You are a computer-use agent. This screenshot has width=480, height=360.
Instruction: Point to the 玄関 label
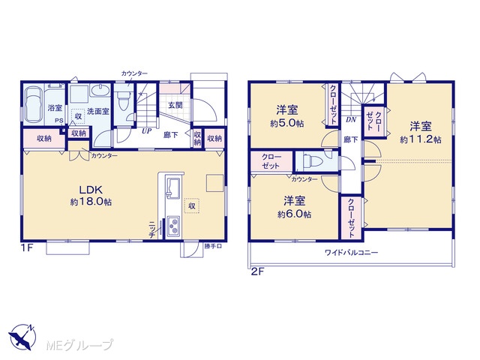[175, 105]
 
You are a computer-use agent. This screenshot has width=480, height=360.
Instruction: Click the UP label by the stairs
[146, 131]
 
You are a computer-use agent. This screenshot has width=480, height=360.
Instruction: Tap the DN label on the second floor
[351, 120]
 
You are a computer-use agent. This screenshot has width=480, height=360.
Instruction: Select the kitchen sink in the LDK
[172, 187]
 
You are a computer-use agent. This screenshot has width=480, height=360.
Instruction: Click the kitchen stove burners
[173, 226]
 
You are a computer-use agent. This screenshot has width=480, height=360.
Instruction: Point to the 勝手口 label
[213, 247]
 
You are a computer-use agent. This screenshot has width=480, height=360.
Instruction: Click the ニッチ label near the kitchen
[151, 229]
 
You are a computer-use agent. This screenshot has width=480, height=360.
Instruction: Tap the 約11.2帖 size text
[421, 140]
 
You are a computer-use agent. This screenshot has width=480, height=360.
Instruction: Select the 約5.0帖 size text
[286, 123]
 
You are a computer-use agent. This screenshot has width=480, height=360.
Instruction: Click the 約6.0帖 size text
[294, 214]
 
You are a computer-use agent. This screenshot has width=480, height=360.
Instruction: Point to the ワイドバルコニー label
[352, 253]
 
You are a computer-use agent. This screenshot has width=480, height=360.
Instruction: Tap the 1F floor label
[27, 247]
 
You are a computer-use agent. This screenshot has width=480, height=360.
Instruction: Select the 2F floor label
[257, 271]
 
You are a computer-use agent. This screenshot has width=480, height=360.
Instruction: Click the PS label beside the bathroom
[58, 121]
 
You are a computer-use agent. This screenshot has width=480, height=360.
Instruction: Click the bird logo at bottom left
[22, 337]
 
